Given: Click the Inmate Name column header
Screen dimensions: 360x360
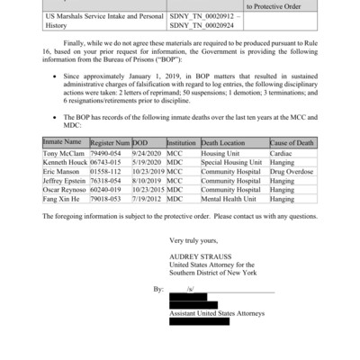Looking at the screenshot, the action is coord(62,167).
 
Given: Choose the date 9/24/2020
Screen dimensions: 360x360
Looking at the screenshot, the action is coord(148,178).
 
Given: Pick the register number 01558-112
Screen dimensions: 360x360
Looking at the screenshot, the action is coord(109,196).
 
